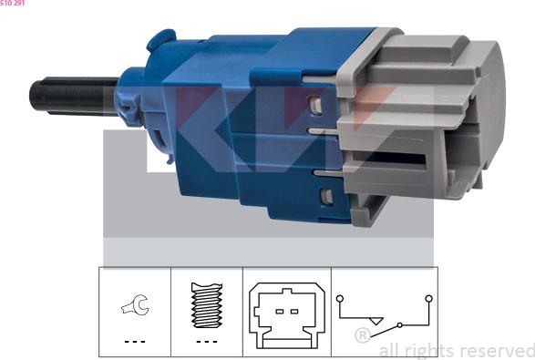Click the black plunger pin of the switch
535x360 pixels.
pyautogui.click(x=73, y=95)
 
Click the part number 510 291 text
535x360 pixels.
pyautogui.click(x=12, y=3)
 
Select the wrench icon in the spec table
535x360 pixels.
pyautogui.click(x=135, y=304)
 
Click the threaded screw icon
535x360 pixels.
pyautogui.click(x=207, y=305)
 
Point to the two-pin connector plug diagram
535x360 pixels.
pyautogui.click(x=287, y=315)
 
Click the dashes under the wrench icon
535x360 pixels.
pyautogui.click(x=135, y=342)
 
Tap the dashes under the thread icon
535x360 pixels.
pyautogui.click(x=207, y=342)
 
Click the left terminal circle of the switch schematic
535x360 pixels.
pyautogui.click(x=339, y=299)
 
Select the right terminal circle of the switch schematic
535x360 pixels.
pyautogui.click(x=429, y=299)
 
